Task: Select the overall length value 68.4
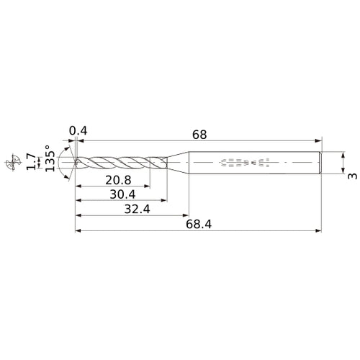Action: coord(198,224)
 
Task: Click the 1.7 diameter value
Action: coord(30,163)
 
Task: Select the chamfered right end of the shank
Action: coord(319,163)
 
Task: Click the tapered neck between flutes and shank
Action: coord(176,163)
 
